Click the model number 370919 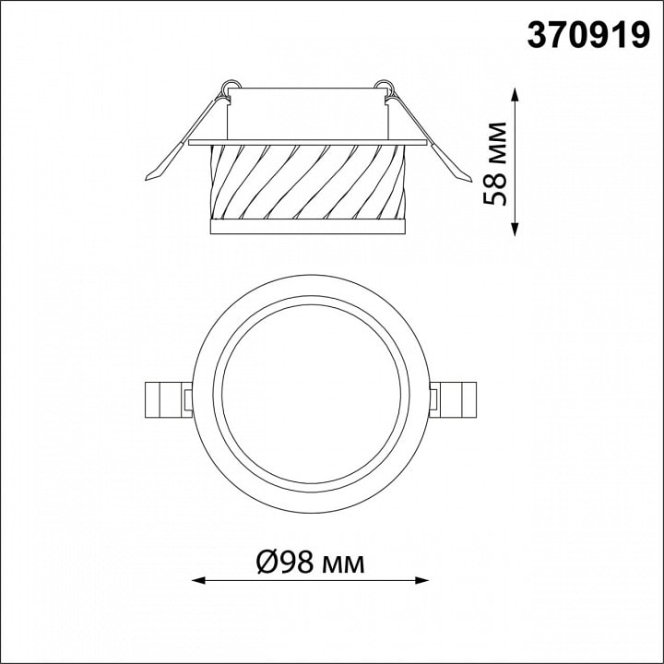click(588, 36)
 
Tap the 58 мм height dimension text click(494, 163)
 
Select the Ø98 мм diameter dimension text click(311, 563)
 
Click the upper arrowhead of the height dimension click(515, 94)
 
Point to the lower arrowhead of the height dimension click(515, 229)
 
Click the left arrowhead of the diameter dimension click(198, 580)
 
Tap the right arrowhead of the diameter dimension click(422, 580)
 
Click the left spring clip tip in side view click(148, 178)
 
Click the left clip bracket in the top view click(168, 399)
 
